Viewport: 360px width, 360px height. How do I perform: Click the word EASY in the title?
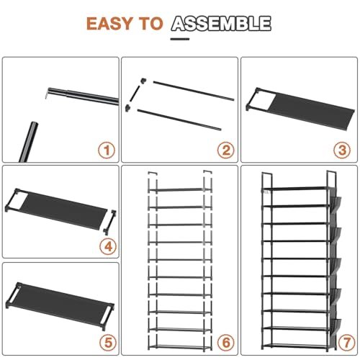(x=109, y=24)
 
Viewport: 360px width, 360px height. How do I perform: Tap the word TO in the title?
(x=150, y=24)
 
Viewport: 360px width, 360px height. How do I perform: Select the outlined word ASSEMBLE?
(x=221, y=24)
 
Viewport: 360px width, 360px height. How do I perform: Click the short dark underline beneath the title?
(x=180, y=39)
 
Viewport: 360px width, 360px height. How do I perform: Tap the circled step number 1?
(x=107, y=150)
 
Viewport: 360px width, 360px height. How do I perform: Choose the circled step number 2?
(x=226, y=150)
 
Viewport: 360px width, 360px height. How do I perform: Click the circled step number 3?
(x=343, y=150)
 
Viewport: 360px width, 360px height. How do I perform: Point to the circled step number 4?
(x=108, y=247)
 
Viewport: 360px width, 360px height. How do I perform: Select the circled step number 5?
(x=108, y=343)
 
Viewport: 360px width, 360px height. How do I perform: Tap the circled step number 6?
(x=226, y=343)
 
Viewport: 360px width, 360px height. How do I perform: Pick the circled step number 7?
(x=347, y=343)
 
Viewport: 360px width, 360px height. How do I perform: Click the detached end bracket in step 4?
(x=110, y=222)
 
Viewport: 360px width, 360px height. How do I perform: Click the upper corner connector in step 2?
(x=143, y=81)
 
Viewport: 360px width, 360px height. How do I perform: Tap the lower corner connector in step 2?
(x=127, y=108)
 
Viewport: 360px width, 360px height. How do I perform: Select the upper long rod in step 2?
(x=194, y=91)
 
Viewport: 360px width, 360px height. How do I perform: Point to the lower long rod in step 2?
(x=179, y=120)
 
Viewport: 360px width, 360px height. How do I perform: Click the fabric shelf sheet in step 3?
(x=312, y=112)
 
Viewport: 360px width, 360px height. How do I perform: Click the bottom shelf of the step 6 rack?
(x=180, y=346)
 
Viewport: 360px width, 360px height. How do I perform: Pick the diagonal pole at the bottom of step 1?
(x=28, y=142)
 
